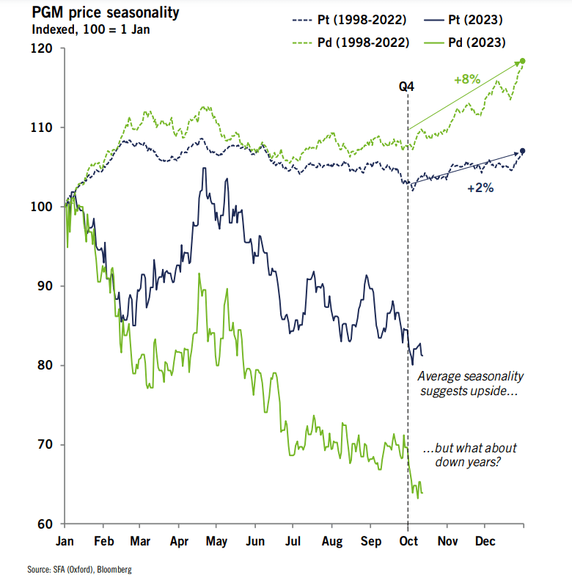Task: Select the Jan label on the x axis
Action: click(x=65, y=542)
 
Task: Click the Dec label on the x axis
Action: click(x=485, y=542)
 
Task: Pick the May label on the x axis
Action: click(x=216, y=542)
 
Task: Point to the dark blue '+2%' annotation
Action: click(x=480, y=188)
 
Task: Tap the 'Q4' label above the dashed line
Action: click(x=406, y=87)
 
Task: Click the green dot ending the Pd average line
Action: click(x=523, y=61)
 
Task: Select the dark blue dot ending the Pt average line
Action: click(x=523, y=152)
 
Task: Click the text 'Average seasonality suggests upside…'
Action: click(x=470, y=384)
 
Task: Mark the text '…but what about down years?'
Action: click(x=470, y=455)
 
